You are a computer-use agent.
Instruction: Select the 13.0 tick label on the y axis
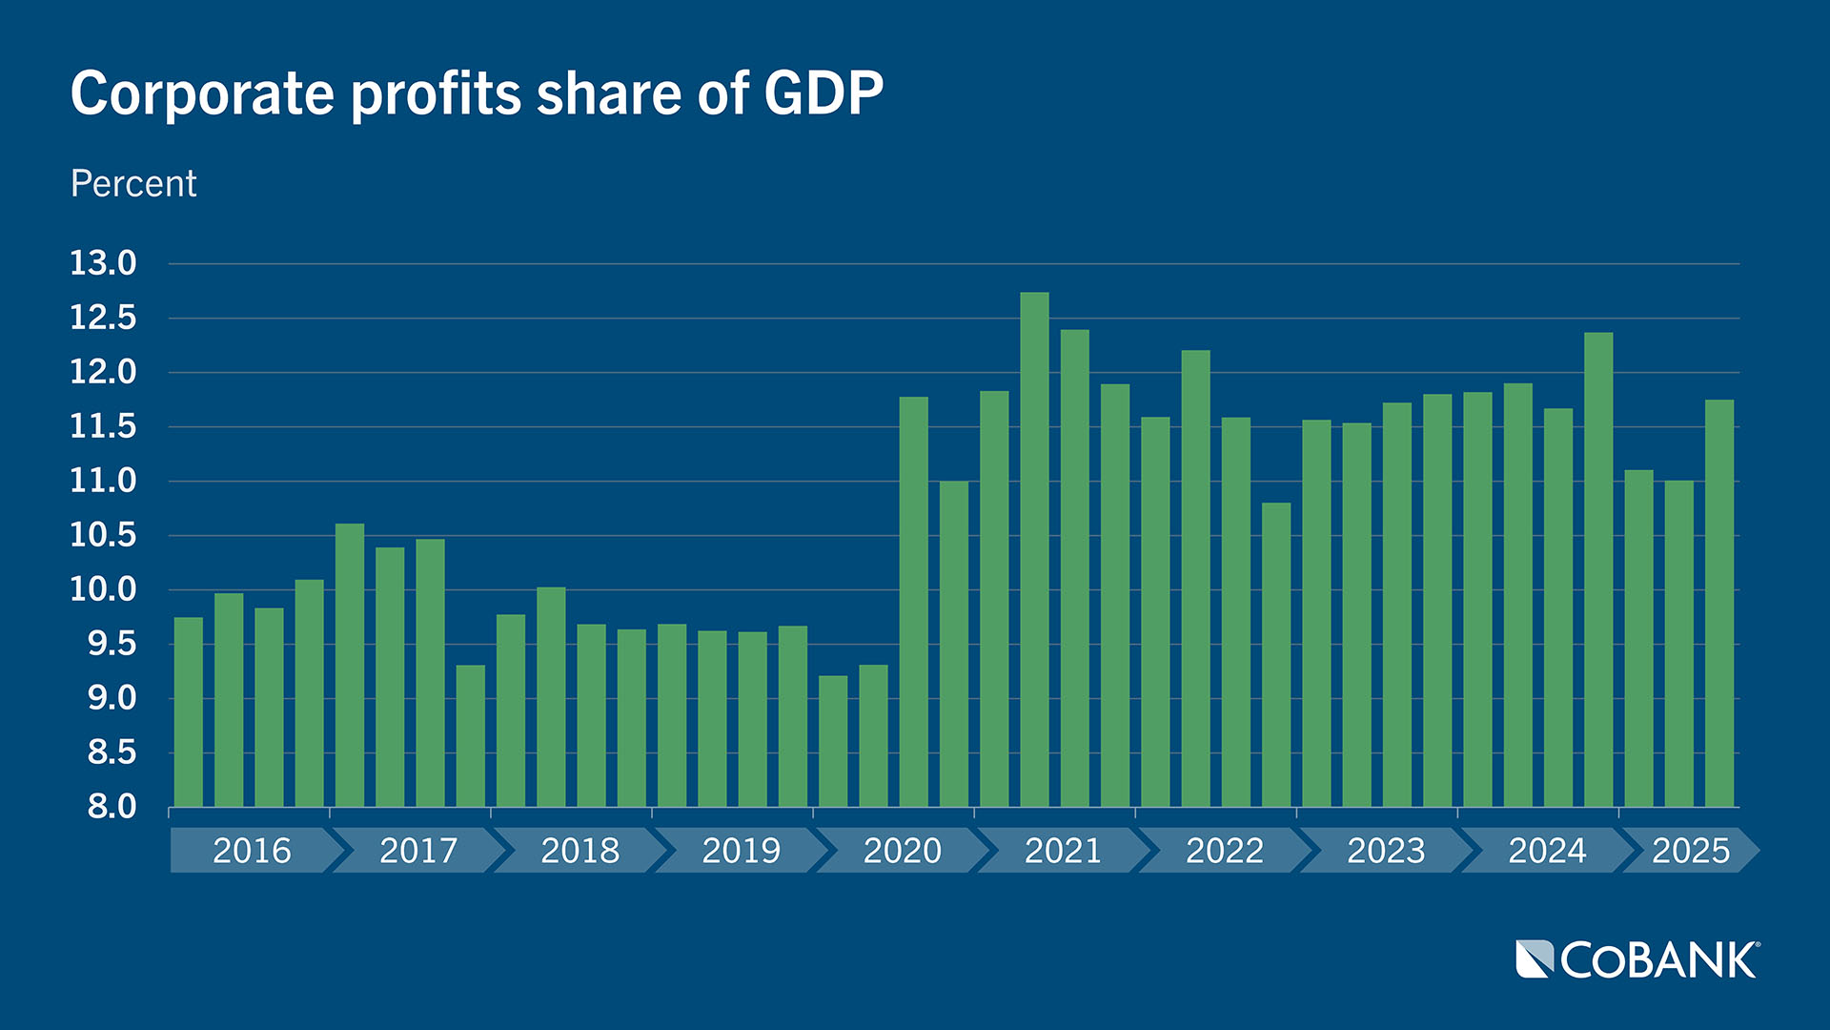tap(103, 263)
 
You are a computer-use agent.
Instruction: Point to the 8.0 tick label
tap(112, 808)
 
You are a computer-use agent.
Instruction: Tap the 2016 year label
tap(252, 850)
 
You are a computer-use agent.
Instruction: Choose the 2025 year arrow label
tap(1690, 850)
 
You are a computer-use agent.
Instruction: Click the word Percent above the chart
tap(133, 183)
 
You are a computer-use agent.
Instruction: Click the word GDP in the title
tap(823, 93)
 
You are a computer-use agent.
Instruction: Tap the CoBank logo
tap(1637, 959)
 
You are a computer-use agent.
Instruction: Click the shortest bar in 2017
tap(471, 735)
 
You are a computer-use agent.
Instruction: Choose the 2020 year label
tap(902, 850)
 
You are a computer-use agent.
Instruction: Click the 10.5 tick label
tap(103, 535)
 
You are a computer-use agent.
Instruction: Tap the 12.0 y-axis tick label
tap(103, 372)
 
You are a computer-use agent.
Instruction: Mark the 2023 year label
tap(1385, 850)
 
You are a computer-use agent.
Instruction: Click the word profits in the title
tap(436, 93)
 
